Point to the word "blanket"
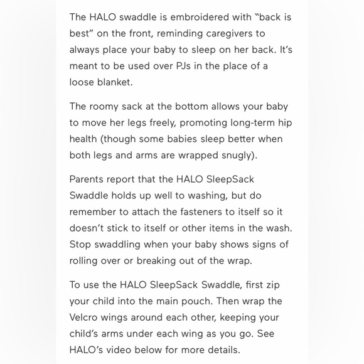(115, 82)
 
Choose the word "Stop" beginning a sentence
(81, 244)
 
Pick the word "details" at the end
(222, 350)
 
